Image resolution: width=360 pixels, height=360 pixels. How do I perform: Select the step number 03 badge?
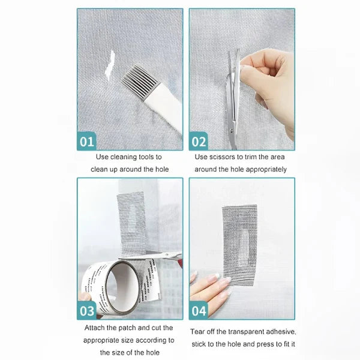click(88, 310)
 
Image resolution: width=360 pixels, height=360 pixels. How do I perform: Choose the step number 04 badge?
click(199, 310)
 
